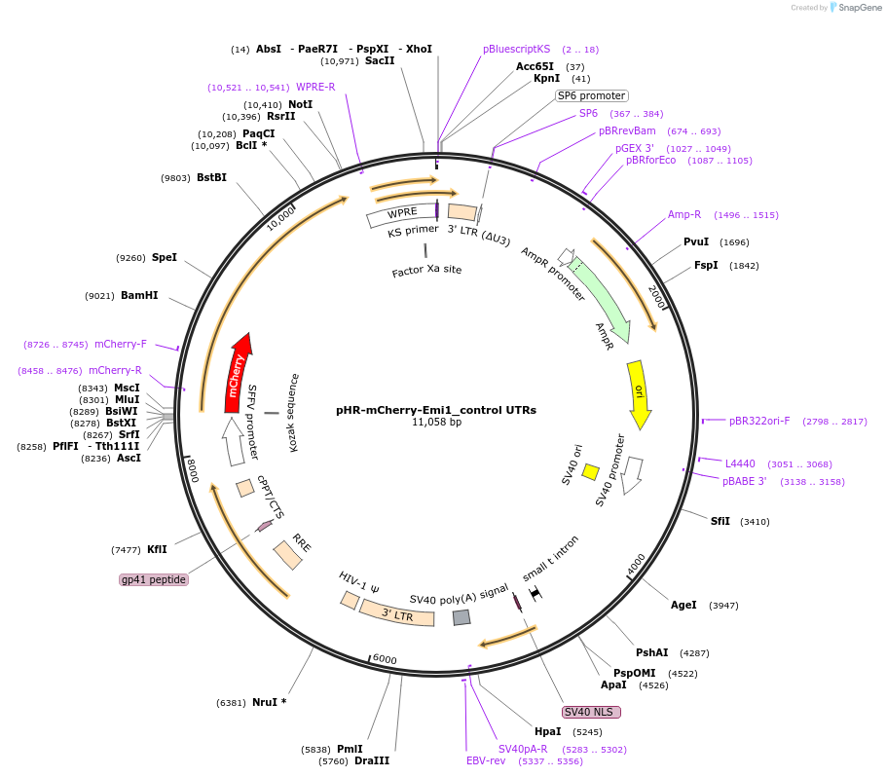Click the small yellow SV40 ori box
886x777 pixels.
[590, 472]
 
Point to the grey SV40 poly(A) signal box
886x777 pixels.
[461, 616]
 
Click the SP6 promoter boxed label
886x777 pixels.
[591, 95]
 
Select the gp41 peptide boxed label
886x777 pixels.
[154, 579]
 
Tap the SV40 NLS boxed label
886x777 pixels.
[591, 712]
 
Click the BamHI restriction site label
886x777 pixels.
[139, 296]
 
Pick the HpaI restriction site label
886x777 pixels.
[547, 731]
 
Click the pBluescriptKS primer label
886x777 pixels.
[516, 49]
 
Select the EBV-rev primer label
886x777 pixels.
[486, 760]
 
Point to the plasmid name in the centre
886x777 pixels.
[435, 410]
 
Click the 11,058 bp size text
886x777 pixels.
[436, 423]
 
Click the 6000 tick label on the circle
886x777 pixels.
[385, 659]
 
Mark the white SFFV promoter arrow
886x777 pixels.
[234, 441]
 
